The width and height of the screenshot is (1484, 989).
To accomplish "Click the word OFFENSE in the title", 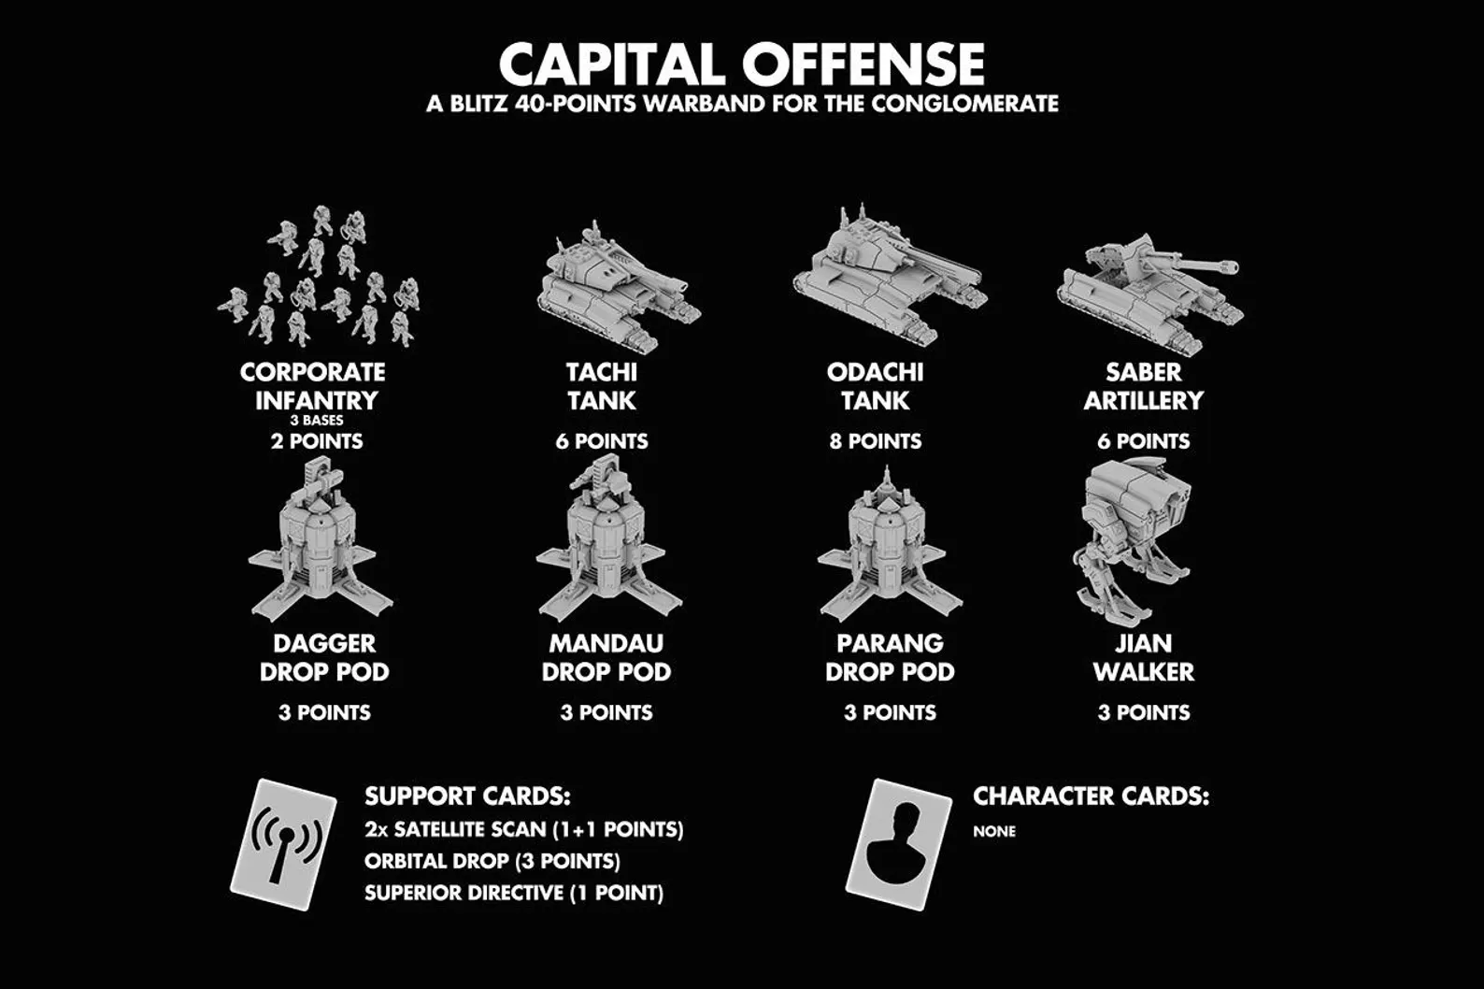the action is point(863,64).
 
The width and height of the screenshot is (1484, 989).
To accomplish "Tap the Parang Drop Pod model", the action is point(890,543).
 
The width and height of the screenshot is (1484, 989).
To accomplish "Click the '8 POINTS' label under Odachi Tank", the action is point(875,441).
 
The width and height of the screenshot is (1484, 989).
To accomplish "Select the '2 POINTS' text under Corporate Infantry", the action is point(317,441).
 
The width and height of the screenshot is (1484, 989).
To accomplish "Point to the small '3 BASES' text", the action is point(317,421).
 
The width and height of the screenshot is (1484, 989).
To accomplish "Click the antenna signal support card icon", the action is point(283,844).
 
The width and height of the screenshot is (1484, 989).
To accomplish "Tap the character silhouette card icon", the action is point(899,844).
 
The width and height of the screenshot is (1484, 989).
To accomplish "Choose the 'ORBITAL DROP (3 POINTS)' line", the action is point(492,861).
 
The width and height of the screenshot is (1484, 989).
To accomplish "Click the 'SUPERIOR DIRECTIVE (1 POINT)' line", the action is point(513,893).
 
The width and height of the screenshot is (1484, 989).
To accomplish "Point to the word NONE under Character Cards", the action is point(994,831).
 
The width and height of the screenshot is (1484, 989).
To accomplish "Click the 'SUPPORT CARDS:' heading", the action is point(467,795).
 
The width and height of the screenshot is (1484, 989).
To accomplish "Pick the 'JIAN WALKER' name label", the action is point(1144,657).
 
